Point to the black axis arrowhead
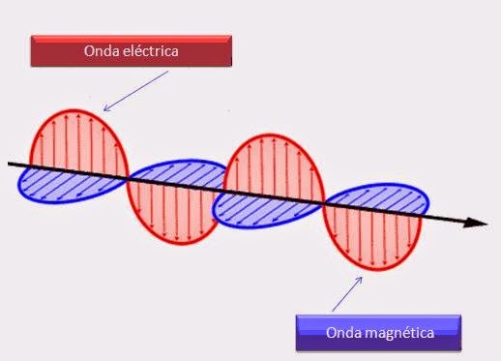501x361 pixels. (x=477, y=224)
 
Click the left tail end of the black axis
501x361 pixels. (x=12, y=164)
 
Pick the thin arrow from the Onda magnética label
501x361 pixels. (x=347, y=292)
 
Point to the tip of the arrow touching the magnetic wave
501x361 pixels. (x=364, y=275)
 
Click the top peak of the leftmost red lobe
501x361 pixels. (x=78, y=109)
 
